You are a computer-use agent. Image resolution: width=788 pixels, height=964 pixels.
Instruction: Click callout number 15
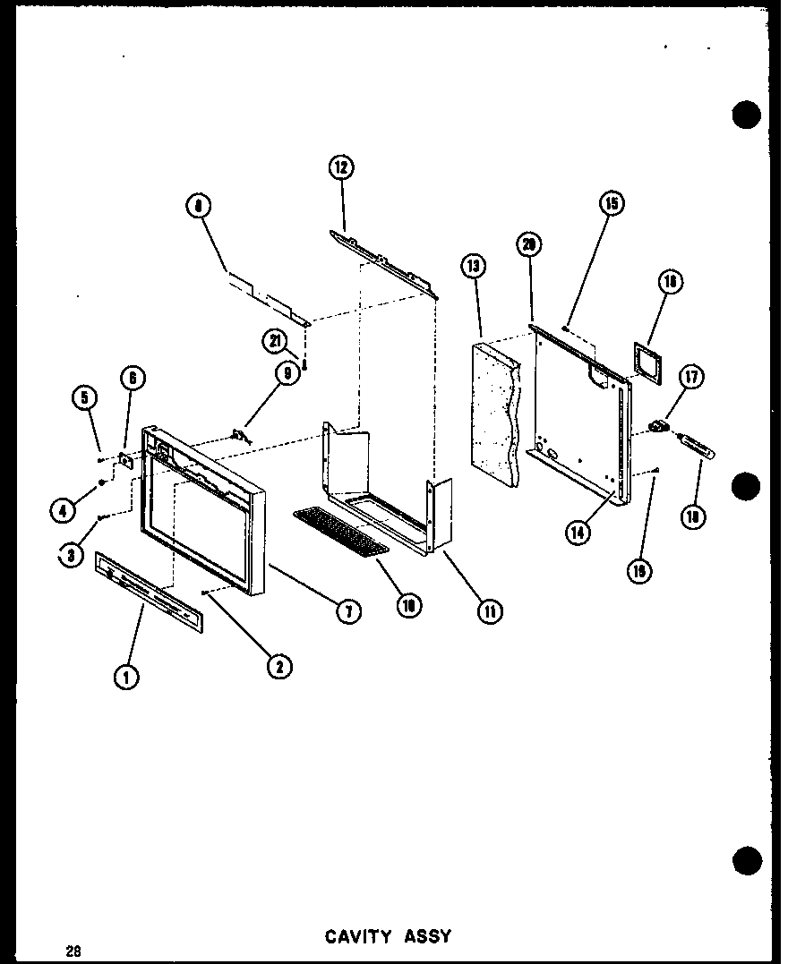(612, 203)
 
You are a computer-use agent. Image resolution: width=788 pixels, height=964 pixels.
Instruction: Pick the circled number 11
(490, 611)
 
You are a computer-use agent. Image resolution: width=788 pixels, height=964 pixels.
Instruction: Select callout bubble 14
(579, 531)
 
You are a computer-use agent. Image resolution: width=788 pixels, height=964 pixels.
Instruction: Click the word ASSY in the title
(426, 936)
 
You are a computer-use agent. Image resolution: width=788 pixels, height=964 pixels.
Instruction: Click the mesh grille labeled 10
(340, 529)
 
